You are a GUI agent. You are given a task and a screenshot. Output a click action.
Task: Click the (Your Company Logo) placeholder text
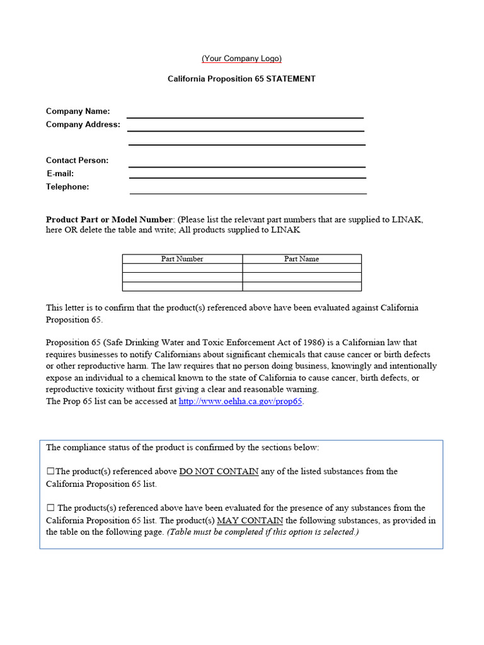(241, 59)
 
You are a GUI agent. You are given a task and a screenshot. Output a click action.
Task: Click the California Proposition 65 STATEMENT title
(241, 79)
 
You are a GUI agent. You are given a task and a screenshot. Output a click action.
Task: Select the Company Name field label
(78, 111)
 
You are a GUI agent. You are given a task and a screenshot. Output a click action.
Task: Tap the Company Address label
(83, 124)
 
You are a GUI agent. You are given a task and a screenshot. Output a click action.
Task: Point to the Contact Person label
(77, 160)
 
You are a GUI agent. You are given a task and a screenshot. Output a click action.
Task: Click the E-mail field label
(60, 173)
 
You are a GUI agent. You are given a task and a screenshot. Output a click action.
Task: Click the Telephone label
(67, 186)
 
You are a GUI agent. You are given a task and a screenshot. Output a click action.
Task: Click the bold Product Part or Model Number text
(108, 219)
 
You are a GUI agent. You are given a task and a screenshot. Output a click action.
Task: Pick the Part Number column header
(182, 259)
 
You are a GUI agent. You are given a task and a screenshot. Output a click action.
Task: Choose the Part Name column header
(301, 259)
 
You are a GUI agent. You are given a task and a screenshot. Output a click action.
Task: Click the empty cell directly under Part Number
(182, 268)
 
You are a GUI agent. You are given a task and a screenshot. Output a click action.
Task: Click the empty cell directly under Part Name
(301, 268)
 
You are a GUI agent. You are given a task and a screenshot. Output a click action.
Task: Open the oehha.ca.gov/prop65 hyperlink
(241, 401)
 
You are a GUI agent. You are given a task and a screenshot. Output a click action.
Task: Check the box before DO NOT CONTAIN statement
(50, 471)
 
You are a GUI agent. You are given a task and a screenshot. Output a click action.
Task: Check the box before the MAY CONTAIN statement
(50, 508)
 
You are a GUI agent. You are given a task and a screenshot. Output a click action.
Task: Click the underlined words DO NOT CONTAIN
(219, 471)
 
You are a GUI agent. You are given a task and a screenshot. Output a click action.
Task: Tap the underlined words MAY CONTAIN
(250, 520)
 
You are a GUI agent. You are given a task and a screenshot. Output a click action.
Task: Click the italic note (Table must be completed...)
(263, 532)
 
